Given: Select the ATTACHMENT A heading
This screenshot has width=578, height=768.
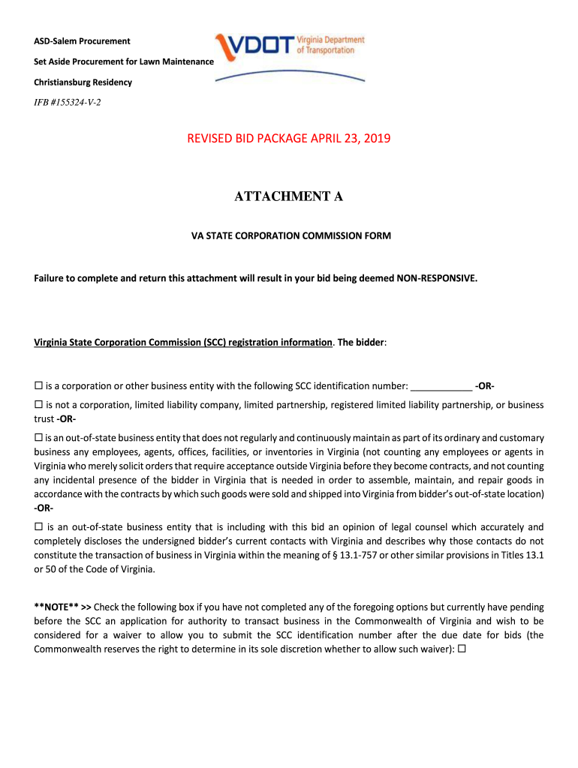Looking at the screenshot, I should (x=289, y=196).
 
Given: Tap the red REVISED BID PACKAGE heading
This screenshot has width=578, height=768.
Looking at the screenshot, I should (x=289, y=139).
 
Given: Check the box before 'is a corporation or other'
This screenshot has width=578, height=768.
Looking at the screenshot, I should (x=38, y=386).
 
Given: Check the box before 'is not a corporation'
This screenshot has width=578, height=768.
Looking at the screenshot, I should (x=38, y=405).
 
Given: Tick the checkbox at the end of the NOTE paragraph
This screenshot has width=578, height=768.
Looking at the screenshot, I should (x=462, y=649).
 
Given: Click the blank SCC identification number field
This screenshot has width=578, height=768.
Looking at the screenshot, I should (x=442, y=386).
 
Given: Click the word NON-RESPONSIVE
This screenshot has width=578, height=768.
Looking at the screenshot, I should (x=436, y=278).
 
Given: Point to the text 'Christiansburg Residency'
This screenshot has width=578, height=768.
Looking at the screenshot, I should (x=83, y=82).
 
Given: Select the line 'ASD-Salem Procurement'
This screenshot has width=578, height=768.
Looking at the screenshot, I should (x=82, y=41).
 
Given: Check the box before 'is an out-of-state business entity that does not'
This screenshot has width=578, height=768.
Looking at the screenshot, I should (x=38, y=437).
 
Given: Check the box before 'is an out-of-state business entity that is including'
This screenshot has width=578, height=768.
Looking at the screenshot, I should (x=38, y=526).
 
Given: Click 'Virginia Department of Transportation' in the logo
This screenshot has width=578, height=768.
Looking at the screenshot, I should (x=330, y=44).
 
